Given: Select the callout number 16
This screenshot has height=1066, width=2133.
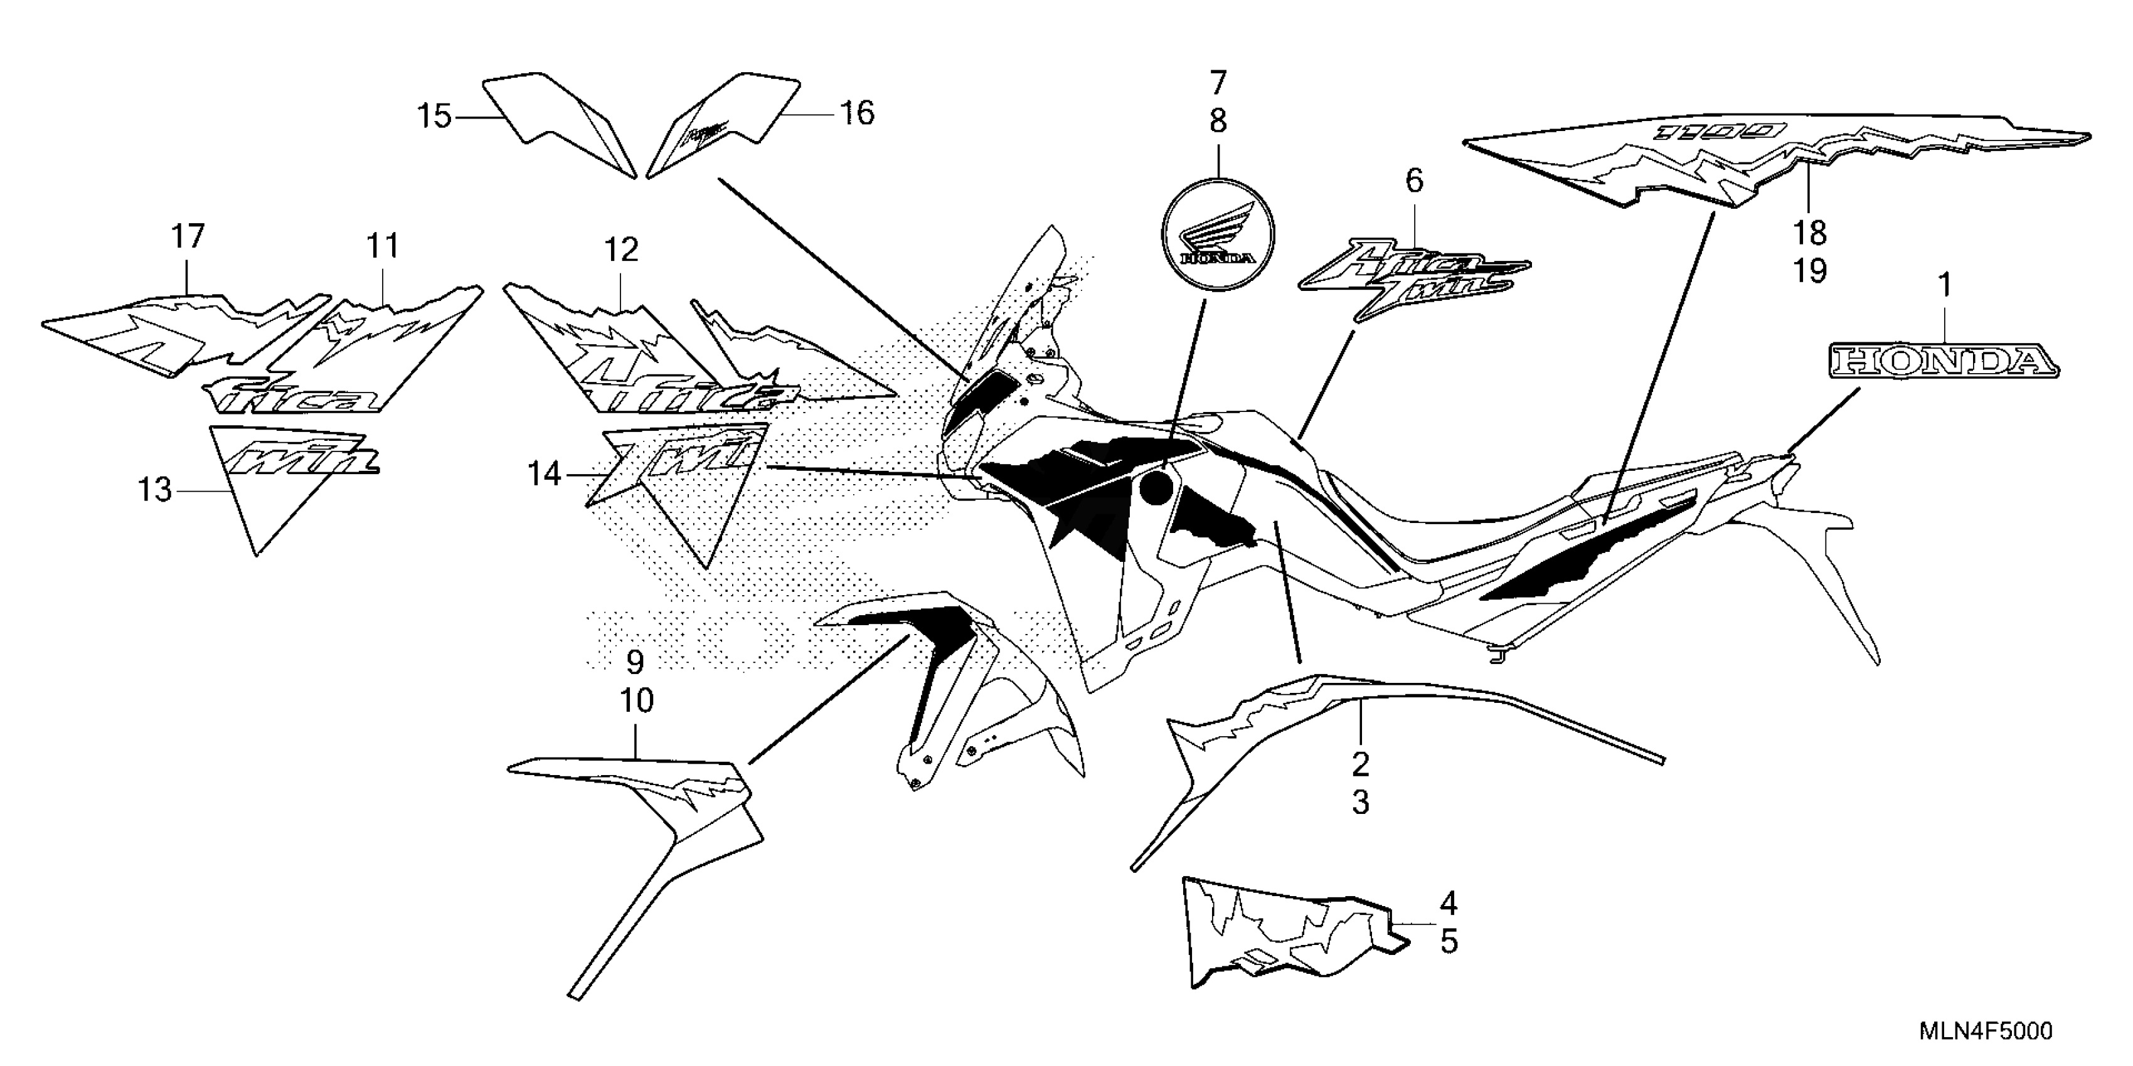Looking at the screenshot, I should tap(857, 113).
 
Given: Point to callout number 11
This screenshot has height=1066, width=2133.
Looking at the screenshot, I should tap(383, 246).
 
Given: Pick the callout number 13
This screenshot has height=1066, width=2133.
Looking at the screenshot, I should tap(155, 490).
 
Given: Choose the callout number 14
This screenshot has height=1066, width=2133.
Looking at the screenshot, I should tap(545, 474).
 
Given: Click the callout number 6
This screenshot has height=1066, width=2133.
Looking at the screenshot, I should tap(1414, 181).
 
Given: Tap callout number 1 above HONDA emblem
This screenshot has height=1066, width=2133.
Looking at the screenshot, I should tap(1945, 287).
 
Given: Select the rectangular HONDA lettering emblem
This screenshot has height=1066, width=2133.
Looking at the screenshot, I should tap(1942, 362).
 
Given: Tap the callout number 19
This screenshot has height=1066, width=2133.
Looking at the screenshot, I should tap(1810, 271).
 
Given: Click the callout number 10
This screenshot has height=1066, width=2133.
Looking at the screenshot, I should tap(637, 701).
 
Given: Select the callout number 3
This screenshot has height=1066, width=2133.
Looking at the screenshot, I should tap(1361, 802).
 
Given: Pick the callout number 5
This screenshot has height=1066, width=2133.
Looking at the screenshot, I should tap(1448, 941).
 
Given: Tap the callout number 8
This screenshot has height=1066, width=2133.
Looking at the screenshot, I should tap(1217, 122).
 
